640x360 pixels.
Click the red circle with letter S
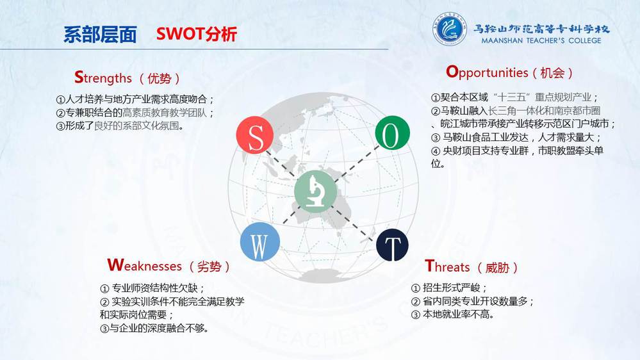click(x=255, y=135)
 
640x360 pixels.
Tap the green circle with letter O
click(x=392, y=133)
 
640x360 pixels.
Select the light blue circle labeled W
click(x=260, y=242)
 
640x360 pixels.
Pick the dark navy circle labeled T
click(x=392, y=245)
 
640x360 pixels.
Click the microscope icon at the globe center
click(x=315, y=191)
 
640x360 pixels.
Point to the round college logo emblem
click(x=449, y=29)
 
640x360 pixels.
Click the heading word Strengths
click(x=103, y=78)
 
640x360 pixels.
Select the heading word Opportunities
click(x=487, y=72)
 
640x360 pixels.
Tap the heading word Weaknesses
click(x=145, y=266)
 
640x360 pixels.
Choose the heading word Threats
click(x=447, y=266)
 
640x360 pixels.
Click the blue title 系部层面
click(x=100, y=35)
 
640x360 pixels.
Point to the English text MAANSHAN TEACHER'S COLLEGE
click(x=541, y=40)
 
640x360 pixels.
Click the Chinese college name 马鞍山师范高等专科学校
click(x=541, y=29)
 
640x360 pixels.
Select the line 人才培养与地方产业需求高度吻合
click(x=135, y=99)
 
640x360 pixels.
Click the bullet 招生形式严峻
click(x=449, y=288)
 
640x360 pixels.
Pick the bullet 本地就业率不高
click(x=453, y=315)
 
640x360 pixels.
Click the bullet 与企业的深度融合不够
click(x=154, y=328)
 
